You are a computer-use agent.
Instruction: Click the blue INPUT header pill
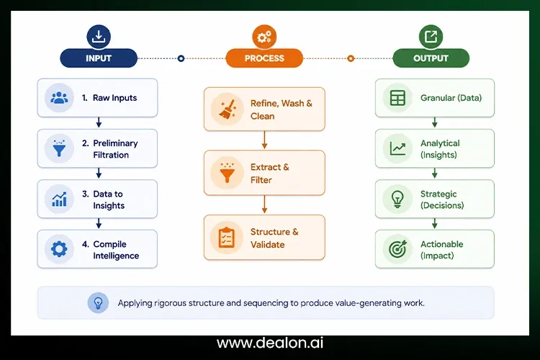[99, 58]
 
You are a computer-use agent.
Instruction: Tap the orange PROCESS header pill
[264, 58]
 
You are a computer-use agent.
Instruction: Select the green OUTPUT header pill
[431, 58]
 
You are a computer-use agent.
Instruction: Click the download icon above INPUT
[99, 36]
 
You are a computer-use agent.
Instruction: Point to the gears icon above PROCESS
[264, 37]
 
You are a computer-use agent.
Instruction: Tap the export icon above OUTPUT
[431, 36]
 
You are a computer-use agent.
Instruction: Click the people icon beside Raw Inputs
[59, 98]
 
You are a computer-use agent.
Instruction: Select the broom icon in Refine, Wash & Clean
[228, 109]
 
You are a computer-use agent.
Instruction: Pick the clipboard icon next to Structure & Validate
[227, 238]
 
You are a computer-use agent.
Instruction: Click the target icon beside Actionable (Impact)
[397, 248]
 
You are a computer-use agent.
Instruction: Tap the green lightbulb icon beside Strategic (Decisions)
[397, 199]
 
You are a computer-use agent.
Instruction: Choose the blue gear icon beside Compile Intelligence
[59, 248]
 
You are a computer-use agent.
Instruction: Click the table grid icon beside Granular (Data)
[397, 98]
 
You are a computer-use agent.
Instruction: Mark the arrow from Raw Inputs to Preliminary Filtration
[99, 122]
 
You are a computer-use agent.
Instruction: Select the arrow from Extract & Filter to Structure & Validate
[264, 204]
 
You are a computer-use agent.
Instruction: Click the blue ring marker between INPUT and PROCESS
[181, 58]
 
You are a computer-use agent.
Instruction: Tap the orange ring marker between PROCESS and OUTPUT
[351, 58]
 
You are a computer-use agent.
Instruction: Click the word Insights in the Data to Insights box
[109, 206]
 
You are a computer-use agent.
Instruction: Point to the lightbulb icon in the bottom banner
[98, 303]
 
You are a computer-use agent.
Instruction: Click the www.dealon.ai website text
[270, 343]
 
